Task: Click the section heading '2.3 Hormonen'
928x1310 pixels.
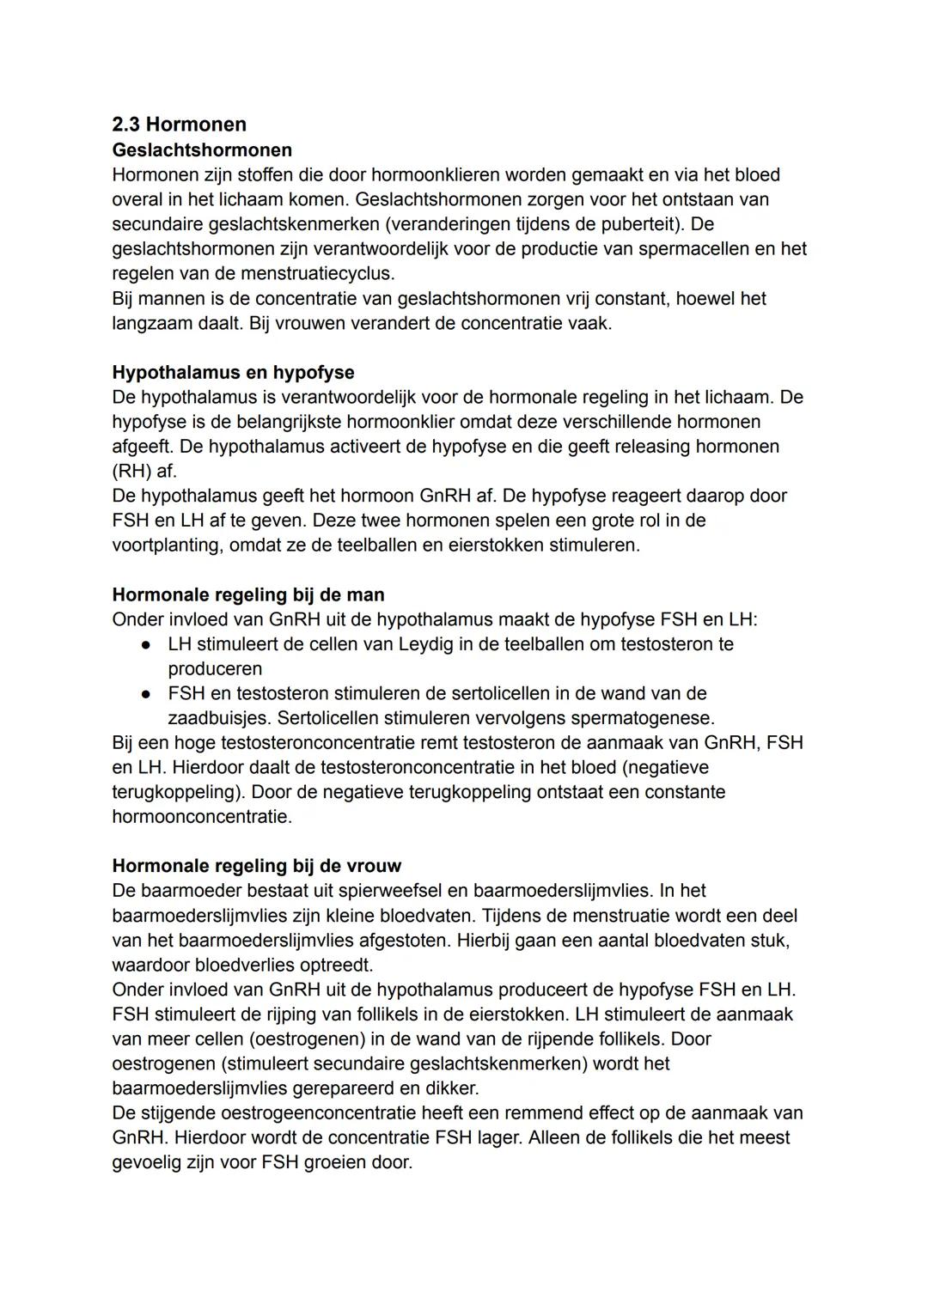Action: tap(179, 125)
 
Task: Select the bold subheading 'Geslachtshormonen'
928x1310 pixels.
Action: tap(202, 149)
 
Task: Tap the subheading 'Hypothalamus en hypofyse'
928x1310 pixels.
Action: tap(233, 372)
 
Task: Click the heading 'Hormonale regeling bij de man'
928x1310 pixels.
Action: tap(248, 594)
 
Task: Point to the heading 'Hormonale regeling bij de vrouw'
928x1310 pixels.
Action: tap(257, 865)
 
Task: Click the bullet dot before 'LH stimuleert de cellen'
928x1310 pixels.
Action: tap(148, 644)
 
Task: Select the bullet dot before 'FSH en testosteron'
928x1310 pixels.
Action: tap(148, 693)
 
